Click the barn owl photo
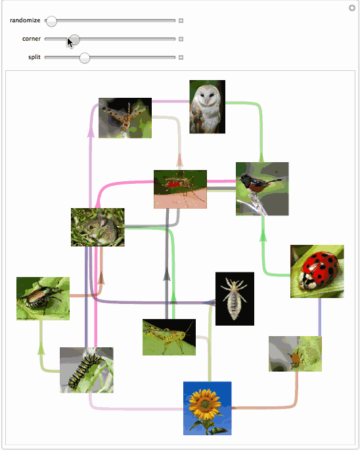[x=207, y=107]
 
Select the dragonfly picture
[x=125, y=118]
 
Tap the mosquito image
[x=180, y=189]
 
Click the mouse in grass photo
[x=98, y=227]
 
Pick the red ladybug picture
[x=317, y=271]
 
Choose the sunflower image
[x=207, y=408]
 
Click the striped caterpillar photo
[x=87, y=370]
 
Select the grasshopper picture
[x=169, y=337]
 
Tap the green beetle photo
[x=43, y=299]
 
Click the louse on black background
[x=235, y=299]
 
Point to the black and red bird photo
[x=262, y=188]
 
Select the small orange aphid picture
[x=295, y=354]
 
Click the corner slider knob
[x=74, y=39]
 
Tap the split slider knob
[x=85, y=58]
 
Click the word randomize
[x=25, y=20]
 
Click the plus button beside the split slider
[x=181, y=58]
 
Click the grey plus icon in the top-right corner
[x=352, y=8]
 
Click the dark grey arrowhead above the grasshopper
[x=167, y=274]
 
